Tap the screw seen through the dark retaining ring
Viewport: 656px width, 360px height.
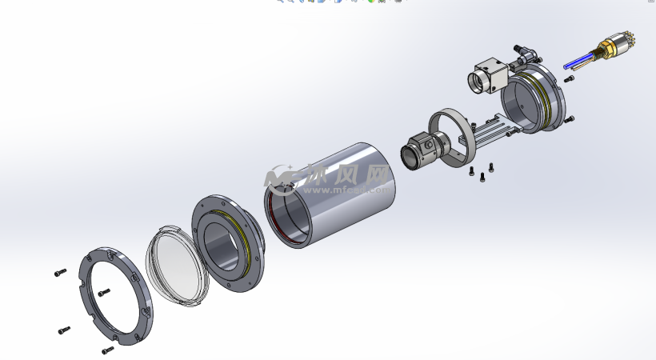click(x=102, y=292)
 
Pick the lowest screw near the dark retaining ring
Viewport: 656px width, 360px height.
click(x=107, y=350)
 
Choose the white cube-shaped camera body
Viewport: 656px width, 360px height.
click(x=486, y=77)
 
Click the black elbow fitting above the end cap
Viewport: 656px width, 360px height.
click(x=524, y=54)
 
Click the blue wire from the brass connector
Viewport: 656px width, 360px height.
click(x=578, y=60)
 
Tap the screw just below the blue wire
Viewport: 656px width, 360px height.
click(x=569, y=78)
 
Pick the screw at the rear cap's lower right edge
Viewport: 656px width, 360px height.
click(x=569, y=120)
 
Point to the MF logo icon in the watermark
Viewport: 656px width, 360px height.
click(x=283, y=179)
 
